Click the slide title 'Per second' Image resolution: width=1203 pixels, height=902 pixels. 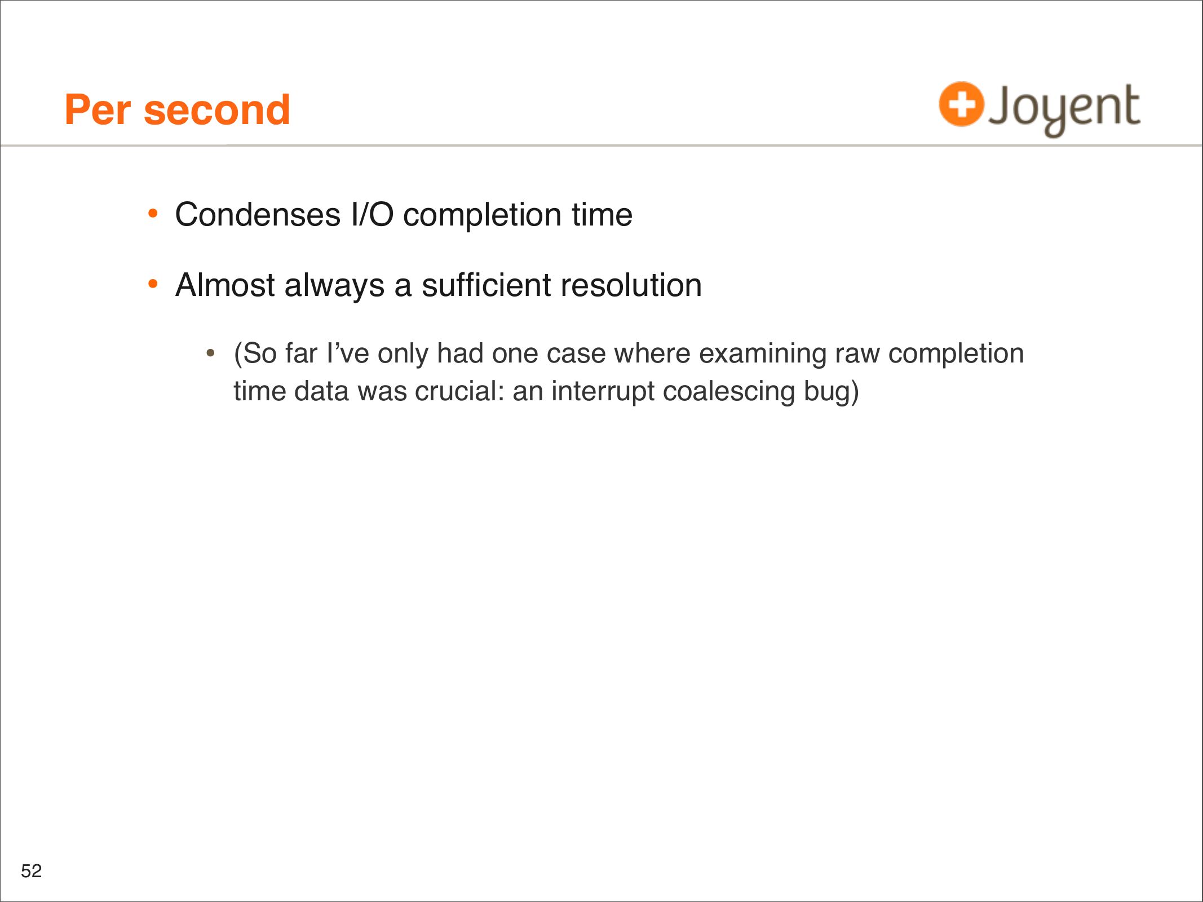coord(178,110)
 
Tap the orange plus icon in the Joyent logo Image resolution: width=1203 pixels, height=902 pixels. coord(961,104)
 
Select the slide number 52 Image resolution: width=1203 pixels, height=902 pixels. coord(32,871)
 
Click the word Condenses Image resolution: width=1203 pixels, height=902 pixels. coord(258,215)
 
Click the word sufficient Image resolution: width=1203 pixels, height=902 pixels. coord(486,285)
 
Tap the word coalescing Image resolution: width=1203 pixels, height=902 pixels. coord(729,392)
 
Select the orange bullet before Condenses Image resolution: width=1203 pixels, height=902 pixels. coord(153,214)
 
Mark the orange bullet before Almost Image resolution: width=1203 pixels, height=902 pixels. coord(153,284)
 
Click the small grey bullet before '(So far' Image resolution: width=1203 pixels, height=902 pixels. coord(210,353)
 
